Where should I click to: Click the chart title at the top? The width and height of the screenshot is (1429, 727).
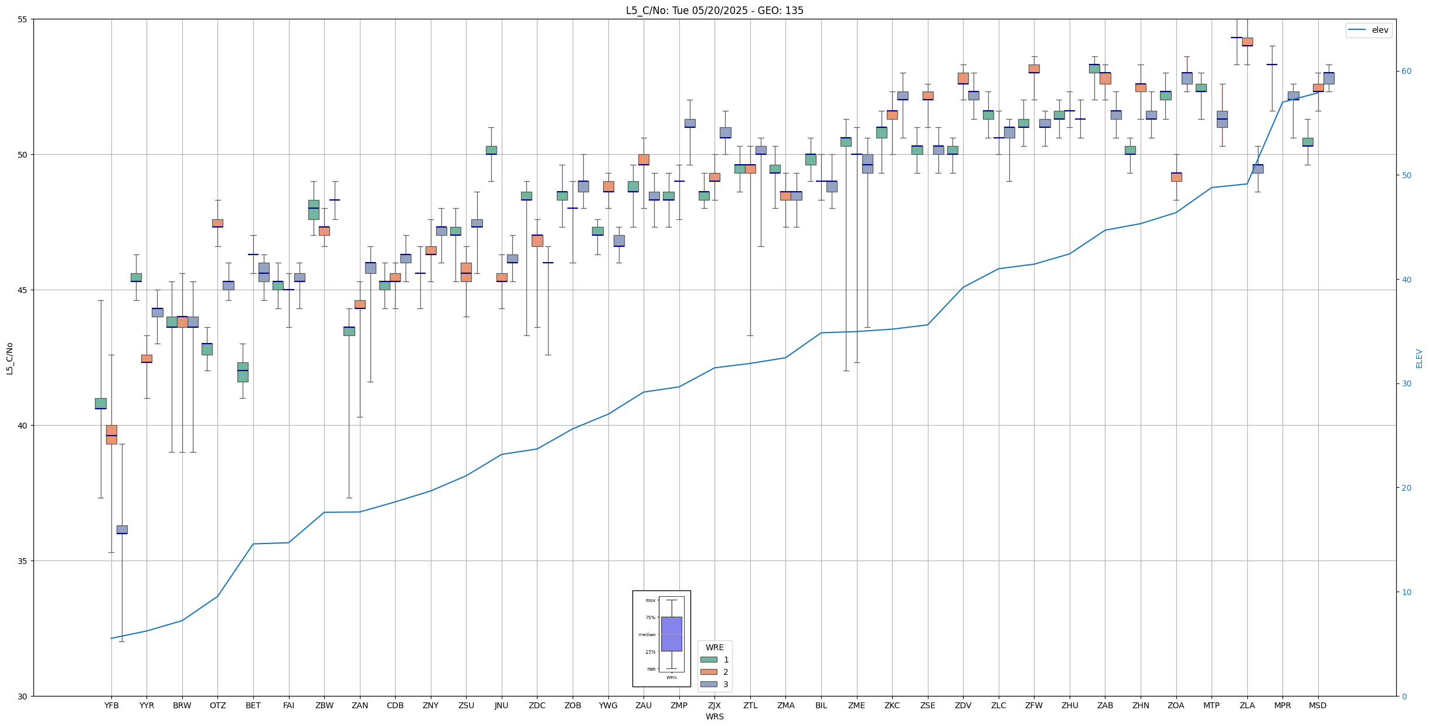point(714,11)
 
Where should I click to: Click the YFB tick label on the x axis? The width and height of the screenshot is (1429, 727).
point(111,705)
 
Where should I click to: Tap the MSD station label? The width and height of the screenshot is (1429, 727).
point(1318,705)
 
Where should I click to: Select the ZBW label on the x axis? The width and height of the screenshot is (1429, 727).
point(324,705)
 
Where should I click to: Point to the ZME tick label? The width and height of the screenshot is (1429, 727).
point(856,705)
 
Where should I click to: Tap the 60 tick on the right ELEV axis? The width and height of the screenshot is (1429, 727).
point(1406,72)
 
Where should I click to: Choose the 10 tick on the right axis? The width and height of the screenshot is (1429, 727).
point(1406,592)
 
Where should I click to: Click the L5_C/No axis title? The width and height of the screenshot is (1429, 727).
point(9,358)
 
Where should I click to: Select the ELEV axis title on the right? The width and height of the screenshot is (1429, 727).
point(1419,358)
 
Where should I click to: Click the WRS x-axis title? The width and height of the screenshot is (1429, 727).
point(714,716)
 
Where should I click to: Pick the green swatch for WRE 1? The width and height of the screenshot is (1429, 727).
point(709,660)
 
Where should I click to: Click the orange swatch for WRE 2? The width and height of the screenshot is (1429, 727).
point(709,672)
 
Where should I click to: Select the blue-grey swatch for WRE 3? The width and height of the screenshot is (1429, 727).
point(709,684)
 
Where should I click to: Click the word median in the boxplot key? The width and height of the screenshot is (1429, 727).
point(647,634)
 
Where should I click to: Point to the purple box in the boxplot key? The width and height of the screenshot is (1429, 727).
point(671,634)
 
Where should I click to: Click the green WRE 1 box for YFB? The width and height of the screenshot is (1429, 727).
point(101,403)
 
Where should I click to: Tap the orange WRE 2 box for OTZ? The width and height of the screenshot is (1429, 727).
point(217,223)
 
